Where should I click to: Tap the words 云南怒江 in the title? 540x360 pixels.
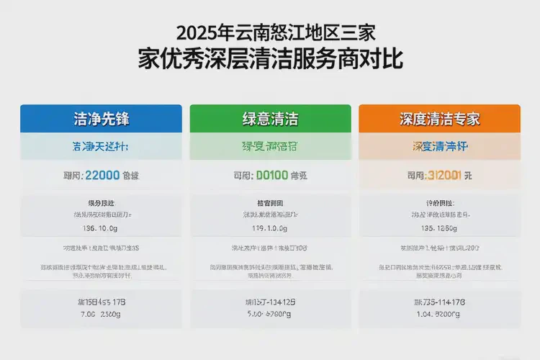(274, 33)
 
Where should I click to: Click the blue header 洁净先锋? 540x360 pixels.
(101, 118)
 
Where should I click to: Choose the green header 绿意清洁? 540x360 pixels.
(270, 118)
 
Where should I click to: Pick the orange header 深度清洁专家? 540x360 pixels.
(439, 118)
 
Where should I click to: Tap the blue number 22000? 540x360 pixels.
(103, 174)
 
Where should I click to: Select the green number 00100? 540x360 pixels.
(272, 174)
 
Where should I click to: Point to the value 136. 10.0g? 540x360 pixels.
(101, 228)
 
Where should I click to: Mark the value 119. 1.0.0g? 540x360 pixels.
(270, 228)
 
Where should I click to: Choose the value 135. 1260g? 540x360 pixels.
(438, 228)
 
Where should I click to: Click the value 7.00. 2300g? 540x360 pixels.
(101, 314)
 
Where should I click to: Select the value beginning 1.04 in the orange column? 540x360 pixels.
(438, 314)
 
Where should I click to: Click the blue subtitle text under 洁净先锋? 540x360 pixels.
(101, 146)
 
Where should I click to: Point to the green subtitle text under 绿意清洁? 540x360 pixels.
(270, 146)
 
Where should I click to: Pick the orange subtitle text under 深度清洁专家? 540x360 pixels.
(438, 146)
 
